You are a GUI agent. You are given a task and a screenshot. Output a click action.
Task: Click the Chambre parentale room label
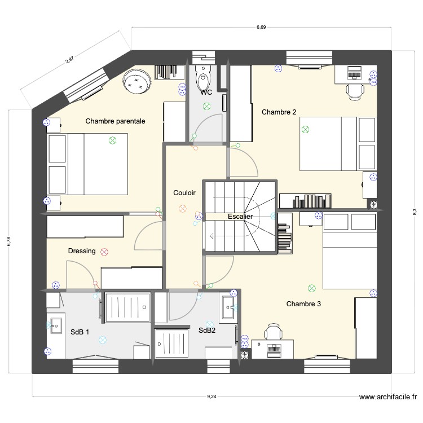tap(115, 121)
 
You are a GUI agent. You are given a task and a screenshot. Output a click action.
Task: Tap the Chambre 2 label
tap(279, 112)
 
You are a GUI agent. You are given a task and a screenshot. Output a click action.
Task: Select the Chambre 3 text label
tap(303, 304)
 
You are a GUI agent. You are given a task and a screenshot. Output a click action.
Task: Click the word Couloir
tap(184, 193)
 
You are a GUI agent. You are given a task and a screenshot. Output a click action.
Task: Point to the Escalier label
tap(240, 217)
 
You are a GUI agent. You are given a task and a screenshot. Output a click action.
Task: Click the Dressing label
tap(82, 251)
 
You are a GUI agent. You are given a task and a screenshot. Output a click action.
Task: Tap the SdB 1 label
tap(80, 333)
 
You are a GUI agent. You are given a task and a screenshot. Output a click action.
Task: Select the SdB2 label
tap(207, 331)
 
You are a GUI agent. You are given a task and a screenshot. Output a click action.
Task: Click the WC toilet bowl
tap(202, 77)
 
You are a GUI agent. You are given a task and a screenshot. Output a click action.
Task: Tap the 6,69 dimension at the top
tap(261, 27)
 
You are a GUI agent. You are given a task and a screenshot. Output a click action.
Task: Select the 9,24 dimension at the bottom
tap(211, 397)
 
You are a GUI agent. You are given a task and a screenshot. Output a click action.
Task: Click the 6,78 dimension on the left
tap(8, 241)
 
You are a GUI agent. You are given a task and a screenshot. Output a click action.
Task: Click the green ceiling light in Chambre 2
tap(306, 129)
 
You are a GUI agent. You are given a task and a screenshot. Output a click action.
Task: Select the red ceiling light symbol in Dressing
tap(104, 252)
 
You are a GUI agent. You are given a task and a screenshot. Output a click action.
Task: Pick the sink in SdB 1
tap(56, 325)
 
